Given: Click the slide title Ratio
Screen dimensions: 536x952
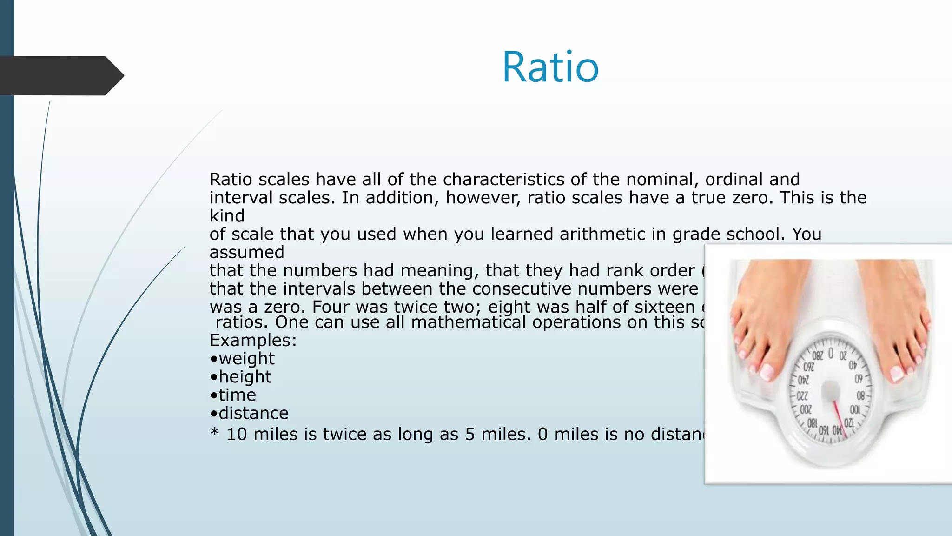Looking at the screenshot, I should tap(550, 67).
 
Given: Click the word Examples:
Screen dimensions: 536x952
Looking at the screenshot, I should tap(253, 341).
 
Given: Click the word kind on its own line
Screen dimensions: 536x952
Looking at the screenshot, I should tap(227, 216).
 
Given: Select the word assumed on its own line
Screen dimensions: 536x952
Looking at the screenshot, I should tap(247, 252).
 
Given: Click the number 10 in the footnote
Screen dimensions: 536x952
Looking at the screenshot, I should tap(237, 434).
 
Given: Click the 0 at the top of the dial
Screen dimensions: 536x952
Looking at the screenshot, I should tap(831, 354).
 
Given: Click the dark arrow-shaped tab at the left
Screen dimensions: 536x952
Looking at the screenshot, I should tap(60, 76).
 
